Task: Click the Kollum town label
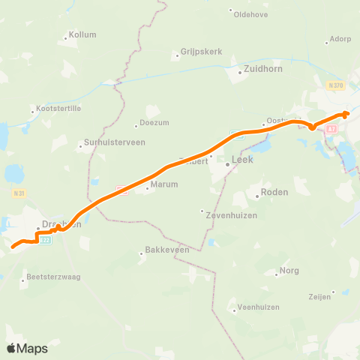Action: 82,34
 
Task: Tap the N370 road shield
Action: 335,85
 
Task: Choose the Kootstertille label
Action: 57,110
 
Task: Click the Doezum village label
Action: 149,124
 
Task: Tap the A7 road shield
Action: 331,130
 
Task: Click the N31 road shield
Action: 20,193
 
